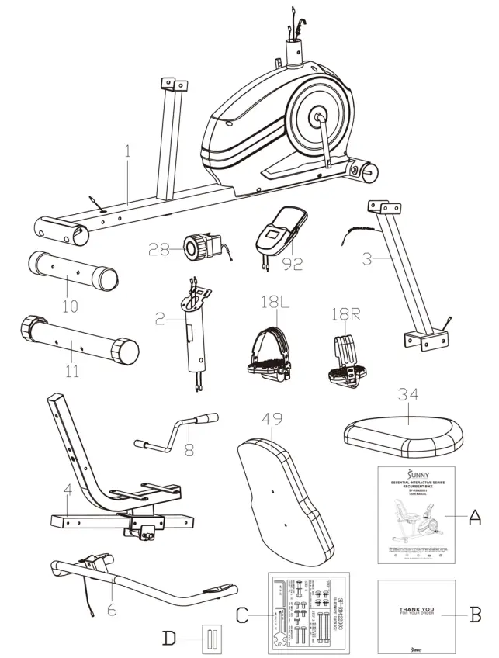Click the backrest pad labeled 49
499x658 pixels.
pos(284,497)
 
